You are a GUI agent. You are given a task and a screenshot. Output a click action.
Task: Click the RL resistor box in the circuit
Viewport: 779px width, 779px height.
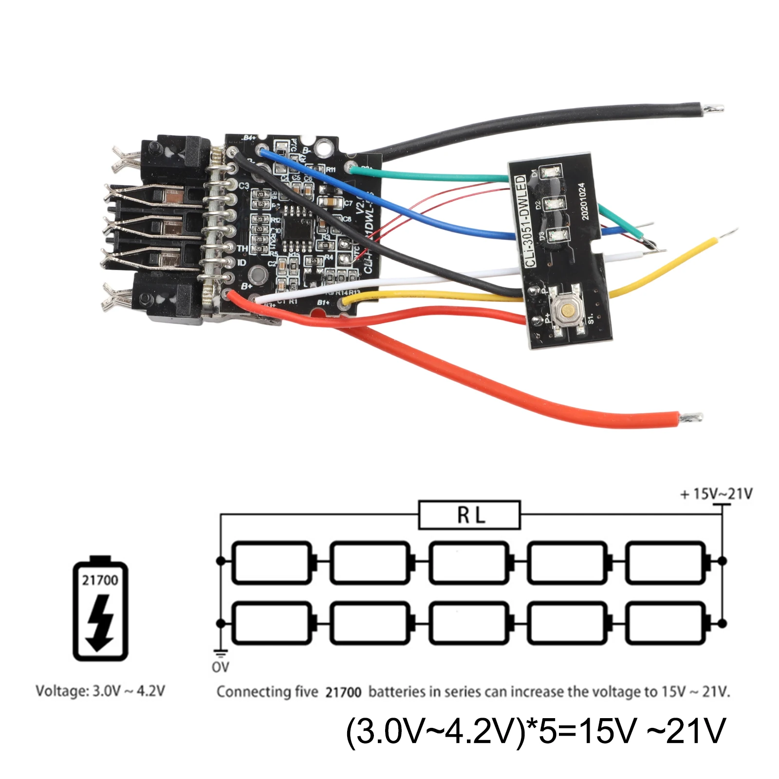click(469, 515)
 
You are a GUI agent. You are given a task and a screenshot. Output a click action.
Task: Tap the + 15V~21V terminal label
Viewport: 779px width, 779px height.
click(716, 494)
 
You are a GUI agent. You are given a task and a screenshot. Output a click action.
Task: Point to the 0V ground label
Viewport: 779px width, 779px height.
click(220, 667)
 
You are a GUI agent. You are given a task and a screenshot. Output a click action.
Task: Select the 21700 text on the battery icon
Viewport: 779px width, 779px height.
click(100, 580)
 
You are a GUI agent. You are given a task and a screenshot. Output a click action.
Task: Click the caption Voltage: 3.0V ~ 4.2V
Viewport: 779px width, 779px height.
click(100, 691)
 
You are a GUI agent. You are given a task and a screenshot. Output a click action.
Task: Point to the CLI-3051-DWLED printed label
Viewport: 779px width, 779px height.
click(524, 222)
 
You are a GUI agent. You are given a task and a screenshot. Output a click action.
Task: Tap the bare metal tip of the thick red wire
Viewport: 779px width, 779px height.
click(691, 417)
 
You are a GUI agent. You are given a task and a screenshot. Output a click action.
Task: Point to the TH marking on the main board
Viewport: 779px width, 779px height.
click(241, 248)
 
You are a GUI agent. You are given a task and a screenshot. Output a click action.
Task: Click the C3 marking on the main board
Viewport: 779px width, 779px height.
click(243, 185)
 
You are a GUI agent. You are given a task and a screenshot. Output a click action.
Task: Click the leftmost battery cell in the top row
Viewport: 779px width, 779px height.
click(271, 562)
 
